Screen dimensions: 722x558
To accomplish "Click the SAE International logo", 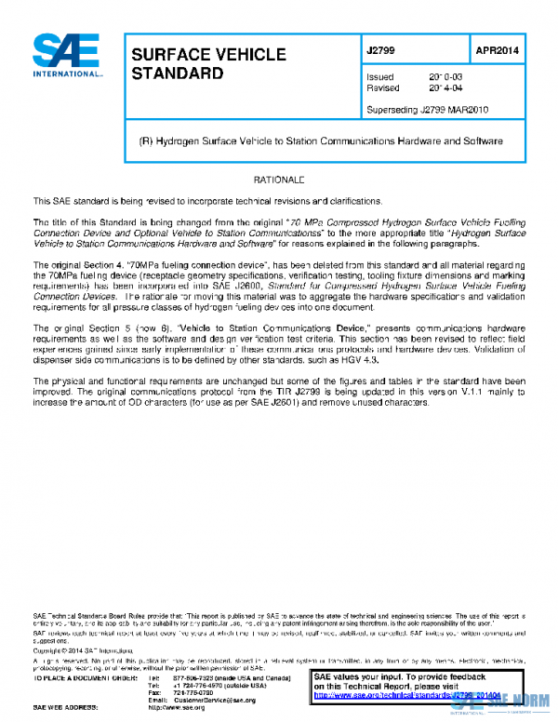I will (x=68, y=55).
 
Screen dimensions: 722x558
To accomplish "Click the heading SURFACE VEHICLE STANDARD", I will (x=185, y=62).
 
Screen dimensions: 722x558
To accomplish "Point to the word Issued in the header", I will (x=380, y=77).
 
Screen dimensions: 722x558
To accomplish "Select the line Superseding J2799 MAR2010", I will (x=428, y=110).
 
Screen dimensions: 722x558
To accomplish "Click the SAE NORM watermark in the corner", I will (x=520, y=700).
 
